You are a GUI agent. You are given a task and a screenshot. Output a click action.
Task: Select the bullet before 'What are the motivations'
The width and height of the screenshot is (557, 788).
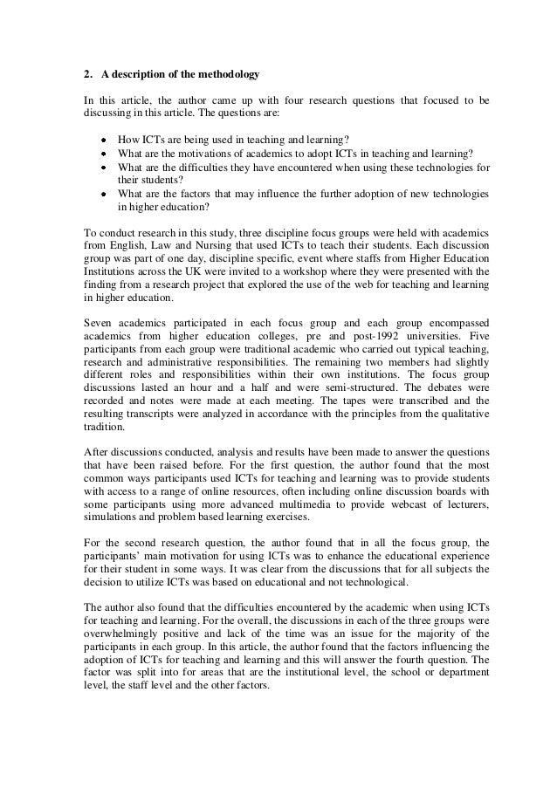(103, 153)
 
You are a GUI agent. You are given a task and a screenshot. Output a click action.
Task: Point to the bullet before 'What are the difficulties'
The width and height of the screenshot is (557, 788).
(103, 167)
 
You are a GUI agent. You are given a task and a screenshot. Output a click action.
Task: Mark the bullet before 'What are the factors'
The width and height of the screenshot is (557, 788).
(103, 194)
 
